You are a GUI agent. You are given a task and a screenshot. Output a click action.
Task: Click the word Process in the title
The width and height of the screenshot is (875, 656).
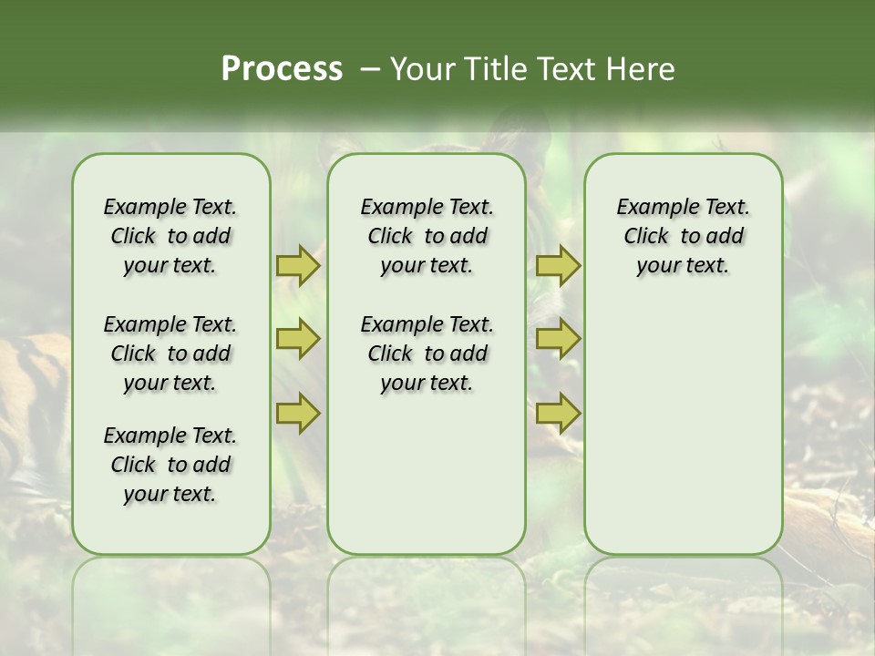pyautogui.click(x=282, y=69)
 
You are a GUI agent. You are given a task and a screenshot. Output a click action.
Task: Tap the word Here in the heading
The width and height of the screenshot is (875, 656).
pyautogui.click(x=642, y=69)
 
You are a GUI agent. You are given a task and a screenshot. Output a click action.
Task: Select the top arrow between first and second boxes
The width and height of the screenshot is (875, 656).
pyautogui.click(x=297, y=266)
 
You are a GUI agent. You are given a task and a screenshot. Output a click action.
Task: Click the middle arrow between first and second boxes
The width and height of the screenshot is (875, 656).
pyautogui.click(x=297, y=339)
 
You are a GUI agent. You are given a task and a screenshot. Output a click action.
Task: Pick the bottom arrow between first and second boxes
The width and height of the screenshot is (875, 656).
pyautogui.click(x=297, y=414)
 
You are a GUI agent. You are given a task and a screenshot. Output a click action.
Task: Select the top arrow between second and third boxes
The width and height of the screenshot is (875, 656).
pyautogui.click(x=558, y=266)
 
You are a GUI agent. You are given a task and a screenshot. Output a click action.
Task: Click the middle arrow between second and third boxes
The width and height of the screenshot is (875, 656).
pyautogui.click(x=558, y=339)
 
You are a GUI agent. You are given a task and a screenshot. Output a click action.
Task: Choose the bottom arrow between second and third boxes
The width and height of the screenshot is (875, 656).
pyautogui.click(x=558, y=414)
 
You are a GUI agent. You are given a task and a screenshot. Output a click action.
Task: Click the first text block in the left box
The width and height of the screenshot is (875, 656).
pyautogui.click(x=170, y=236)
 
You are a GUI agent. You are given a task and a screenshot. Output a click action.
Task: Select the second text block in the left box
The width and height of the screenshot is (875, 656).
pyautogui.click(x=170, y=354)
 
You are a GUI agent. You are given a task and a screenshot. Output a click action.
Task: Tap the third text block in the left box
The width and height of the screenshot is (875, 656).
pyautogui.click(x=170, y=465)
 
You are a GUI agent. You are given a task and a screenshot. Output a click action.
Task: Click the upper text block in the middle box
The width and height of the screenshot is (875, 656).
pyautogui.click(x=427, y=236)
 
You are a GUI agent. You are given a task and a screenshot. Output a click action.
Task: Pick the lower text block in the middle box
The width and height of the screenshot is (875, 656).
pyautogui.click(x=427, y=354)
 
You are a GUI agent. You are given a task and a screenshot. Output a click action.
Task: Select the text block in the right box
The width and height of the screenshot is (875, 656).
pyautogui.click(x=683, y=236)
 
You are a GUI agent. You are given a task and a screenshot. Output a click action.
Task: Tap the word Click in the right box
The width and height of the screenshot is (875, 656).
pyautogui.click(x=646, y=236)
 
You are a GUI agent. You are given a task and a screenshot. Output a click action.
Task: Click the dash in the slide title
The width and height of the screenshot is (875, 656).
pyautogui.click(x=370, y=69)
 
